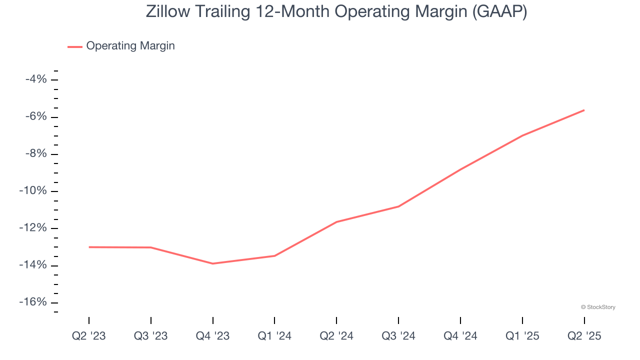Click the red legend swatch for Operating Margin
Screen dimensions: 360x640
[75, 46]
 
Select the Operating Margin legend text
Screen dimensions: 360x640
[130, 46]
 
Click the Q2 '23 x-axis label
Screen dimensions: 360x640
[89, 336]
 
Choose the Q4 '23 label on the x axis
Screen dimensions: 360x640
[213, 336]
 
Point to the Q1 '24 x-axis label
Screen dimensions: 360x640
[274, 336]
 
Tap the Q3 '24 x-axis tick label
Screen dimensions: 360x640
[398, 336]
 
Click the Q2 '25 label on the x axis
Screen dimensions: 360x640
[584, 336]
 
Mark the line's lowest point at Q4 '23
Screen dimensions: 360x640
[213, 263]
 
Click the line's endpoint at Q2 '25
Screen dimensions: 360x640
[584, 110]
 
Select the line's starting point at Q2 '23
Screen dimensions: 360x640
[89, 247]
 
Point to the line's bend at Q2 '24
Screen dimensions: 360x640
[336, 221]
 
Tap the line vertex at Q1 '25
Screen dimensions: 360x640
[522, 135]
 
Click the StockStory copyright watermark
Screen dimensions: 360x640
[598, 307]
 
